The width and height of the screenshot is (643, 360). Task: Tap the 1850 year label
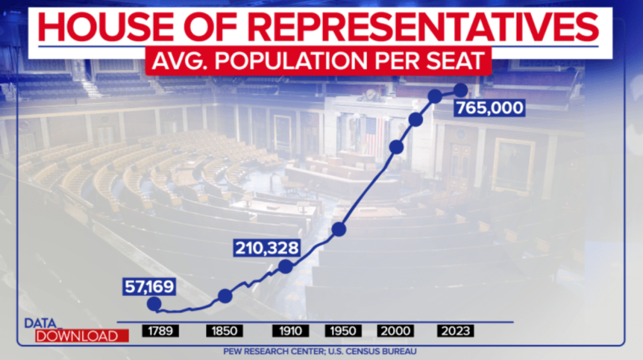click(225, 331)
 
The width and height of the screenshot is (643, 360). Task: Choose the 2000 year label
click(395, 331)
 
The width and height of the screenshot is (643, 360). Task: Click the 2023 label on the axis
click(455, 331)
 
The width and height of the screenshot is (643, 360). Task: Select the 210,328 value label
click(267, 248)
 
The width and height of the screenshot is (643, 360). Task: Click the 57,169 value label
click(149, 288)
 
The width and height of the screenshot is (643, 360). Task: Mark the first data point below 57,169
click(153, 304)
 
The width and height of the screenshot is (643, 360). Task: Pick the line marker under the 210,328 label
click(286, 266)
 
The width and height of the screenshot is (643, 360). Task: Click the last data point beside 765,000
click(461, 90)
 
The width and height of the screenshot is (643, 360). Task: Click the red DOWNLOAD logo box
click(82, 336)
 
